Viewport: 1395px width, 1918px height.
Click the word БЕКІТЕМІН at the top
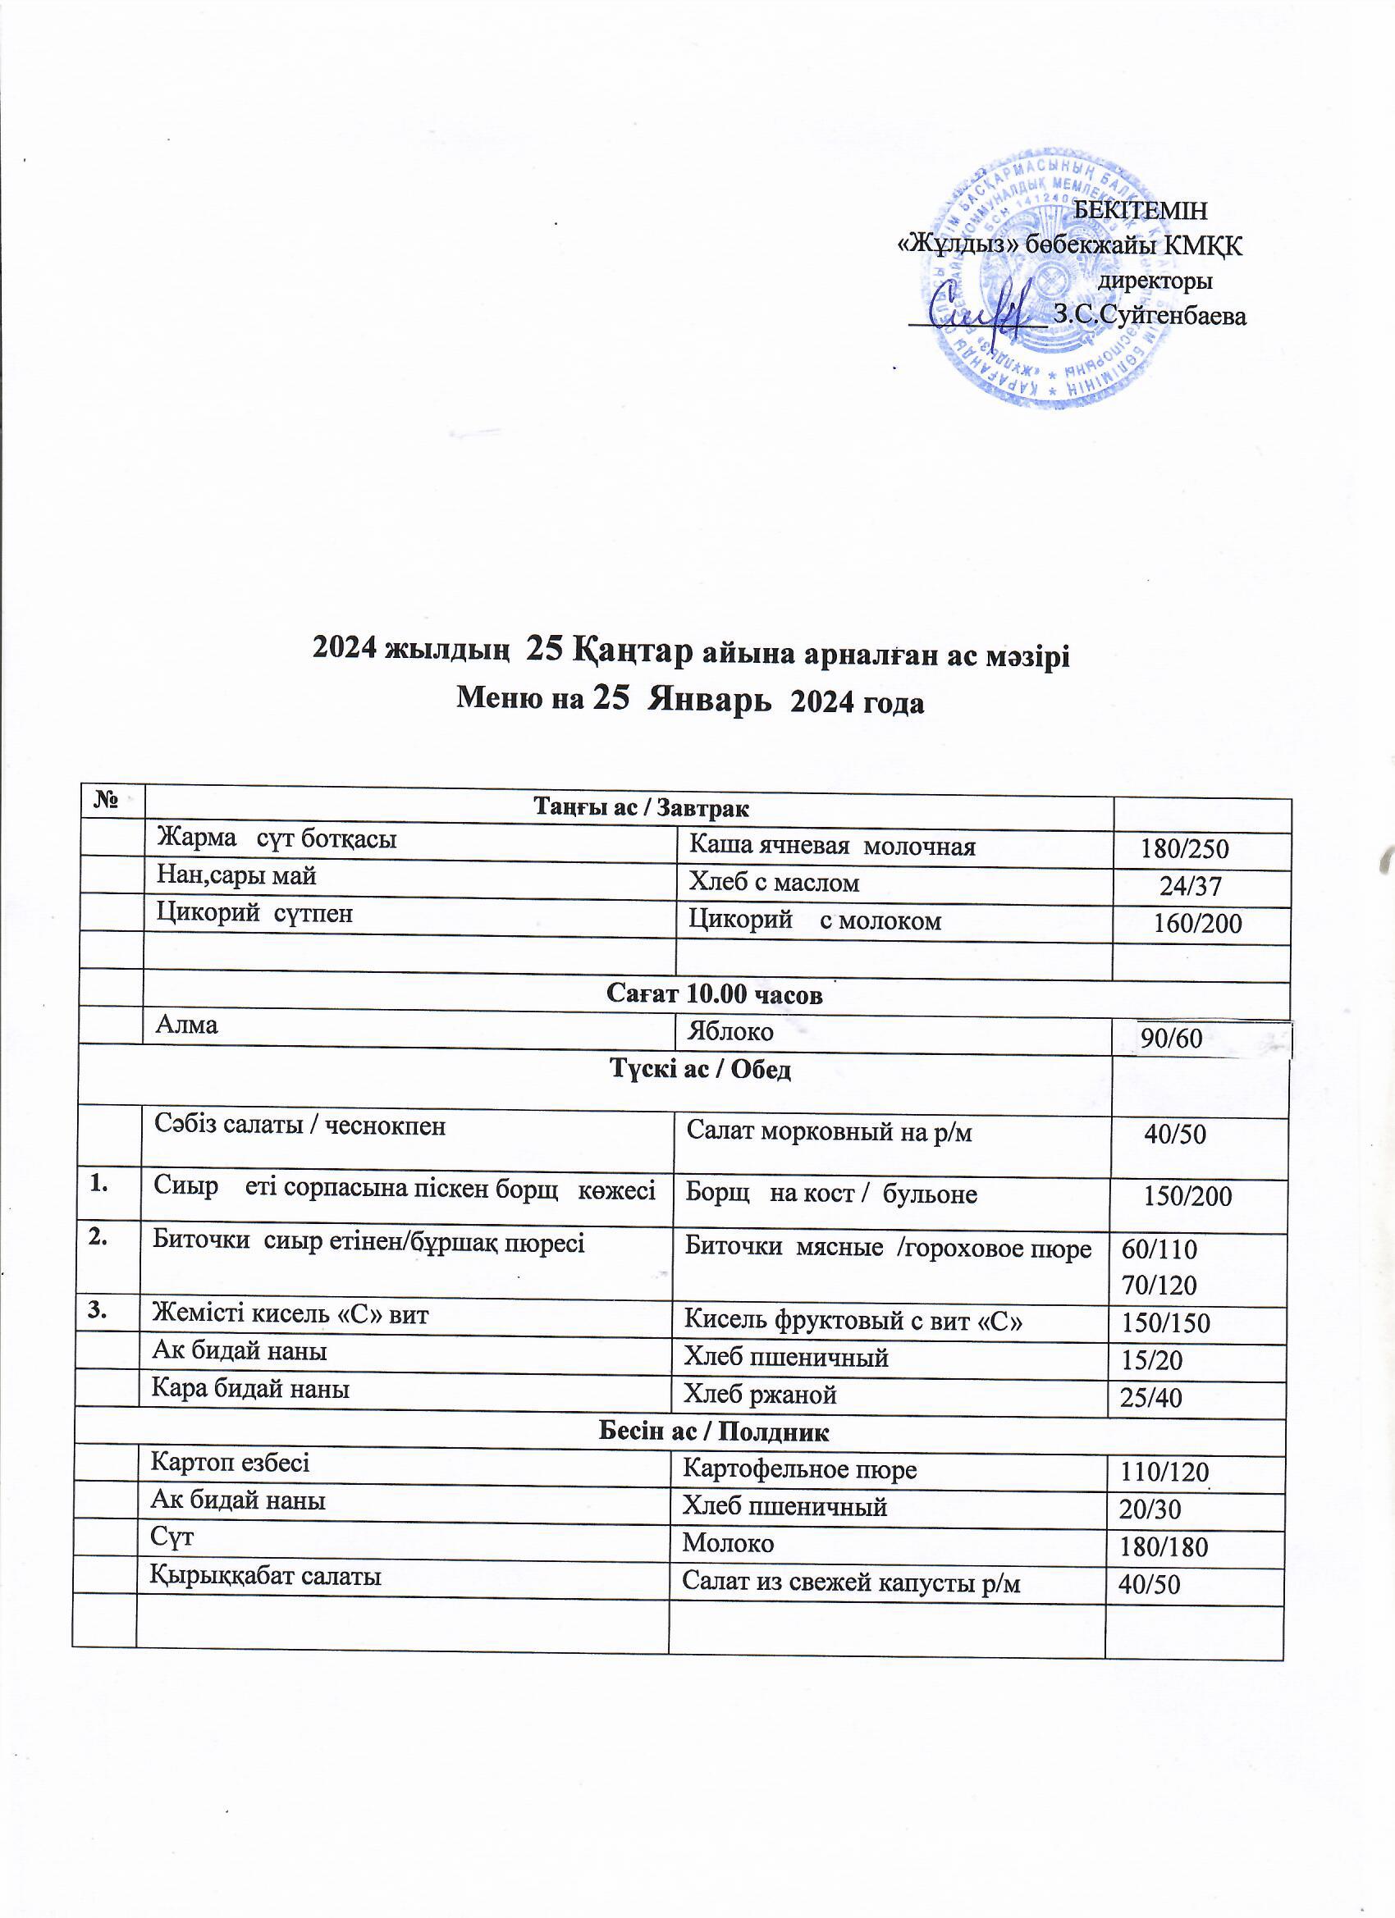pyautogui.click(x=1140, y=210)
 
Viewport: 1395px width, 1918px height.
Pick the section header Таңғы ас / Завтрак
pyautogui.click(x=640, y=806)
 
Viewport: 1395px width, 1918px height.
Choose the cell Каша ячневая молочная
pyautogui.click(x=831, y=847)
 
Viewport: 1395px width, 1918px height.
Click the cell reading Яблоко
pyautogui.click(x=731, y=1033)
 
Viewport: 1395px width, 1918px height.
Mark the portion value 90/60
pyautogui.click(x=1172, y=1038)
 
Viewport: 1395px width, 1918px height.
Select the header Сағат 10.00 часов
pyautogui.click(x=714, y=994)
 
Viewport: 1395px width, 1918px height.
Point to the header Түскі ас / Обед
pyautogui.click(x=701, y=1071)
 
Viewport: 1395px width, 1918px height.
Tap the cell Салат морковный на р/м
pyautogui.click(x=829, y=1132)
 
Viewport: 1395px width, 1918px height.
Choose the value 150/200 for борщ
pyautogui.click(x=1187, y=1196)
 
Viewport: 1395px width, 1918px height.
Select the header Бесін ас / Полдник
pyautogui.click(x=714, y=1432)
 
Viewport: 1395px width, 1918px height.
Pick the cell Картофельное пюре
pyautogui.click(x=799, y=1470)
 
